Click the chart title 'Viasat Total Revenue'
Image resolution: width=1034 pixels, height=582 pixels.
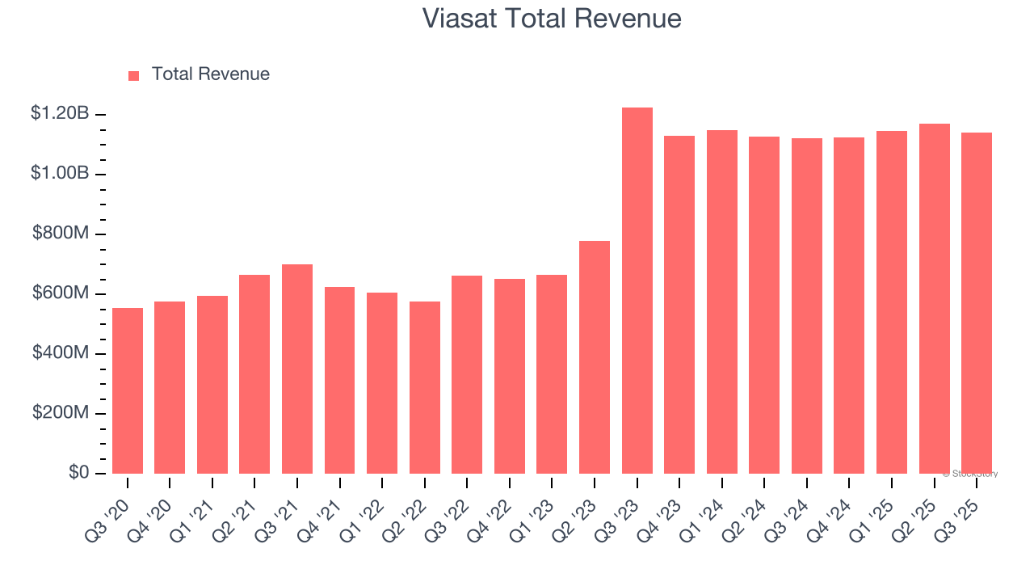pyautogui.click(x=552, y=19)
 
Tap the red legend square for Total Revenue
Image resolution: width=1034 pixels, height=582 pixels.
pyautogui.click(x=134, y=75)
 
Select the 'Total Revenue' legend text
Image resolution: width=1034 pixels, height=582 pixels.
pyautogui.click(x=210, y=74)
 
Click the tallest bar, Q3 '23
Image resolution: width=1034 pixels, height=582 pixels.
pyautogui.click(x=637, y=291)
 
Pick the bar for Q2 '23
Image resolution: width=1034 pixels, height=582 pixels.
pyautogui.click(x=595, y=357)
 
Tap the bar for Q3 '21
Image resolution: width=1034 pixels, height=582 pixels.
pyautogui.click(x=297, y=369)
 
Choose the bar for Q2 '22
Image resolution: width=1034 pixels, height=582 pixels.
pyautogui.click(x=425, y=387)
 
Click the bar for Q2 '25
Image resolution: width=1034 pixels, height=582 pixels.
pyautogui.click(x=935, y=299)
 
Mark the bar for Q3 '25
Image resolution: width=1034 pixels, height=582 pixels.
pyautogui.click(x=977, y=303)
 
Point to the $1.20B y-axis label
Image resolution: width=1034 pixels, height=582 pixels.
pyautogui.click(x=60, y=114)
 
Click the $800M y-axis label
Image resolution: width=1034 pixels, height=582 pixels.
pyautogui.click(x=61, y=234)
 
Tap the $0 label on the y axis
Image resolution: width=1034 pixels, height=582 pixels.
pyautogui.click(x=78, y=473)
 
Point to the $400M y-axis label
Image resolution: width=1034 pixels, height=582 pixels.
pyautogui.click(x=61, y=353)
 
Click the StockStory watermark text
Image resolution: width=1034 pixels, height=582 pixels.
pyautogui.click(x=970, y=474)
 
